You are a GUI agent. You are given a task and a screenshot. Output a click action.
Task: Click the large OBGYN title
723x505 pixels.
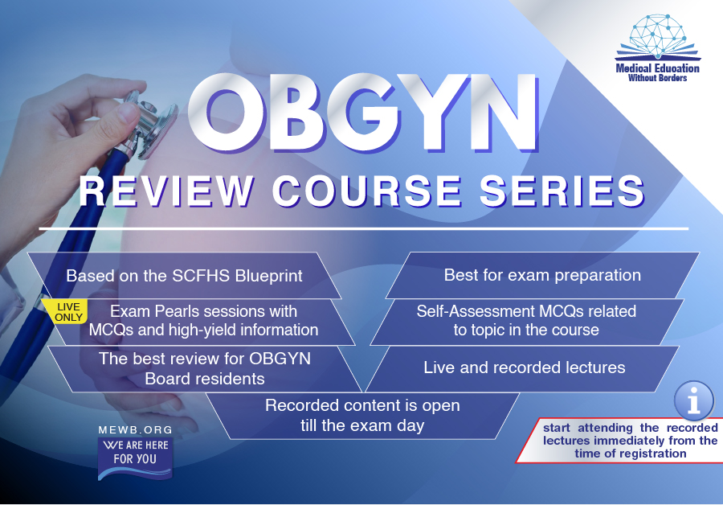(x=363, y=113)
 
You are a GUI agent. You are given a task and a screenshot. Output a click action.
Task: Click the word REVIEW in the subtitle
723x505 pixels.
(x=166, y=191)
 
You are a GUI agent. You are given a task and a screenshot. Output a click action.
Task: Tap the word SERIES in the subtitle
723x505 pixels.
(x=562, y=191)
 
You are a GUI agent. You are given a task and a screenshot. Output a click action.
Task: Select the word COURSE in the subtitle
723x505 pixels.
(x=367, y=191)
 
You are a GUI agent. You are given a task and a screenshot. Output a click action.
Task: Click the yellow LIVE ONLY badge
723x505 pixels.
(x=67, y=312)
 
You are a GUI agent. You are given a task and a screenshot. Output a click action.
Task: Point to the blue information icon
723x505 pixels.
(x=693, y=400)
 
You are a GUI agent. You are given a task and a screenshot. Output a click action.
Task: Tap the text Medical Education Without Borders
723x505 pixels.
(x=657, y=73)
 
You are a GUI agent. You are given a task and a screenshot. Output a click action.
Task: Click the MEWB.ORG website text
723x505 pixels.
(x=136, y=429)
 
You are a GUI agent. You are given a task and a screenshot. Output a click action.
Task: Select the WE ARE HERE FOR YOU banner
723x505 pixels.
(x=135, y=458)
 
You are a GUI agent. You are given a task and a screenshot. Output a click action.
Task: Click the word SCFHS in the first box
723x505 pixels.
(x=201, y=276)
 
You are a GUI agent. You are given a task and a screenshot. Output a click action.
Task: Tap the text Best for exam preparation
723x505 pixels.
(x=542, y=275)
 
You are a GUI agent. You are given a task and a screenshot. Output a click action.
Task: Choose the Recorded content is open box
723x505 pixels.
(x=362, y=416)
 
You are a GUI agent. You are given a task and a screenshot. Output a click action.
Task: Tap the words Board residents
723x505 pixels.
(x=205, y=379)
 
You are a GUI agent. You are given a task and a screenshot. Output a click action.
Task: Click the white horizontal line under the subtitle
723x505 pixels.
(x=363, y=228)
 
